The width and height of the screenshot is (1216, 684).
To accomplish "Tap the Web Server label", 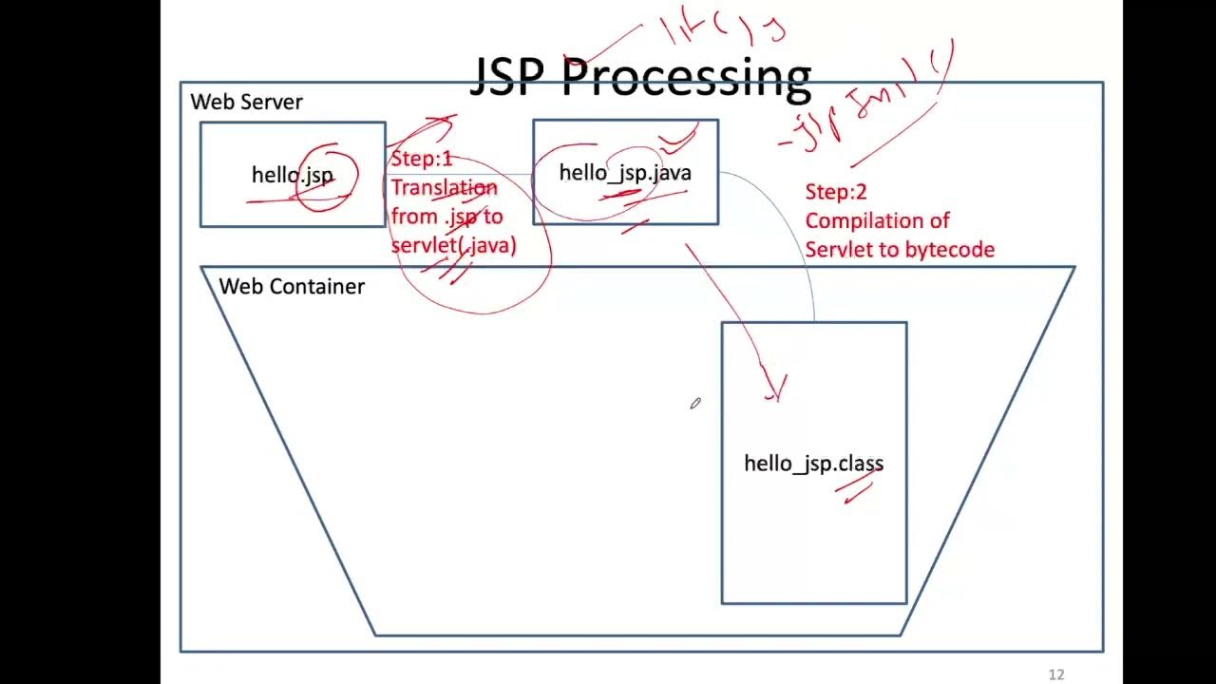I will click(x=246, y=102).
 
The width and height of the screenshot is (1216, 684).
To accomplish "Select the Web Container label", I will click(x=291, y=286).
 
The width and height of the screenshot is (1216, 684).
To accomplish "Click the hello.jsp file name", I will click(x=292, y=175).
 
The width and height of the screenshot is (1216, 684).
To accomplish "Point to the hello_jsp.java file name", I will click(x=624, y=173).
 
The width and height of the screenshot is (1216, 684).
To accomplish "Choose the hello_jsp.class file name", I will click(x=813, y=464).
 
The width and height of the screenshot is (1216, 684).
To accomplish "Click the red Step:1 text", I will click(x=421, y=159).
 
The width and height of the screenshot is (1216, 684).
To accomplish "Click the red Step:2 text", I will click(x=835, y=192).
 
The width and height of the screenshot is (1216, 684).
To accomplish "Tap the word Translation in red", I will click(x=444, y=187).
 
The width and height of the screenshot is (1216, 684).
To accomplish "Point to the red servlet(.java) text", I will click(x=453, y=245).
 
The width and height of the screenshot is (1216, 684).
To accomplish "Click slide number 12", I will click(x=1055, y=674).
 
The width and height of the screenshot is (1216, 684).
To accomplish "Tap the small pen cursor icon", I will click(x=695, y=404).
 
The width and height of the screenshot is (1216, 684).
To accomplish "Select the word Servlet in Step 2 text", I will click(x=833, y=250).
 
